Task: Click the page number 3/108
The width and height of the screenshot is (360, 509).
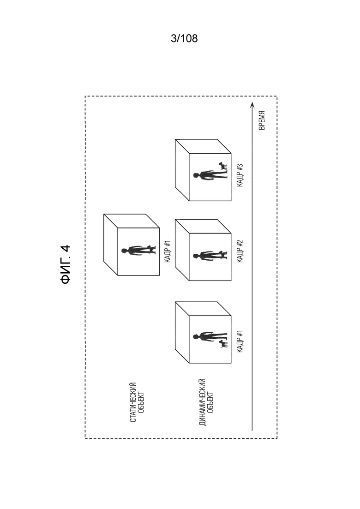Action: click(x=184, y=39)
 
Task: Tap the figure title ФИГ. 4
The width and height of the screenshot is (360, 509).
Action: click(x=66, y=264)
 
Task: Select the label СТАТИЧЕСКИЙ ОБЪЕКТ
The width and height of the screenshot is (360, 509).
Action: click(x=137, y=402)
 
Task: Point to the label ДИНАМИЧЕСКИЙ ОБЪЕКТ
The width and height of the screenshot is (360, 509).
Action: click(x=206, y=402)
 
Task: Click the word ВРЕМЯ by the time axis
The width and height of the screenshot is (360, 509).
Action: click(x=262, y=120)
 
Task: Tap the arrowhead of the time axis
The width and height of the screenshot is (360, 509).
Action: click(x=252, y=105)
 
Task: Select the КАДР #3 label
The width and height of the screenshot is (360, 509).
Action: click(x=240, y=175)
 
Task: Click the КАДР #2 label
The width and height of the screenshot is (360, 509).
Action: click(x=240, y=251)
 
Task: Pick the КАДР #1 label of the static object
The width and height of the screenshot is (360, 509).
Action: click(x=168, y=251)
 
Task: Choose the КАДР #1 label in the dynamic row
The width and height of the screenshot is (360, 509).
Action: click(x=240, y=341)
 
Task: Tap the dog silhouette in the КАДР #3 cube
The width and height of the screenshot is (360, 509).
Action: click(x=223, y=167)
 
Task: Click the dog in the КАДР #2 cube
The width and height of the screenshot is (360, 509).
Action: click(x=222, y=253)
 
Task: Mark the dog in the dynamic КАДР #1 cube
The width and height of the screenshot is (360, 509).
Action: click(x=222, y=344)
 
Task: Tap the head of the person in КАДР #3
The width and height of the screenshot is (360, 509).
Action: click(x=195, y=176)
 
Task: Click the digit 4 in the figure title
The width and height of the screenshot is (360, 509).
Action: click(x=66, y=248)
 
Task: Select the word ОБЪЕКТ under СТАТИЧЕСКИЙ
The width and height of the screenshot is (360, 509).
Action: click(x=141, y=402)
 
